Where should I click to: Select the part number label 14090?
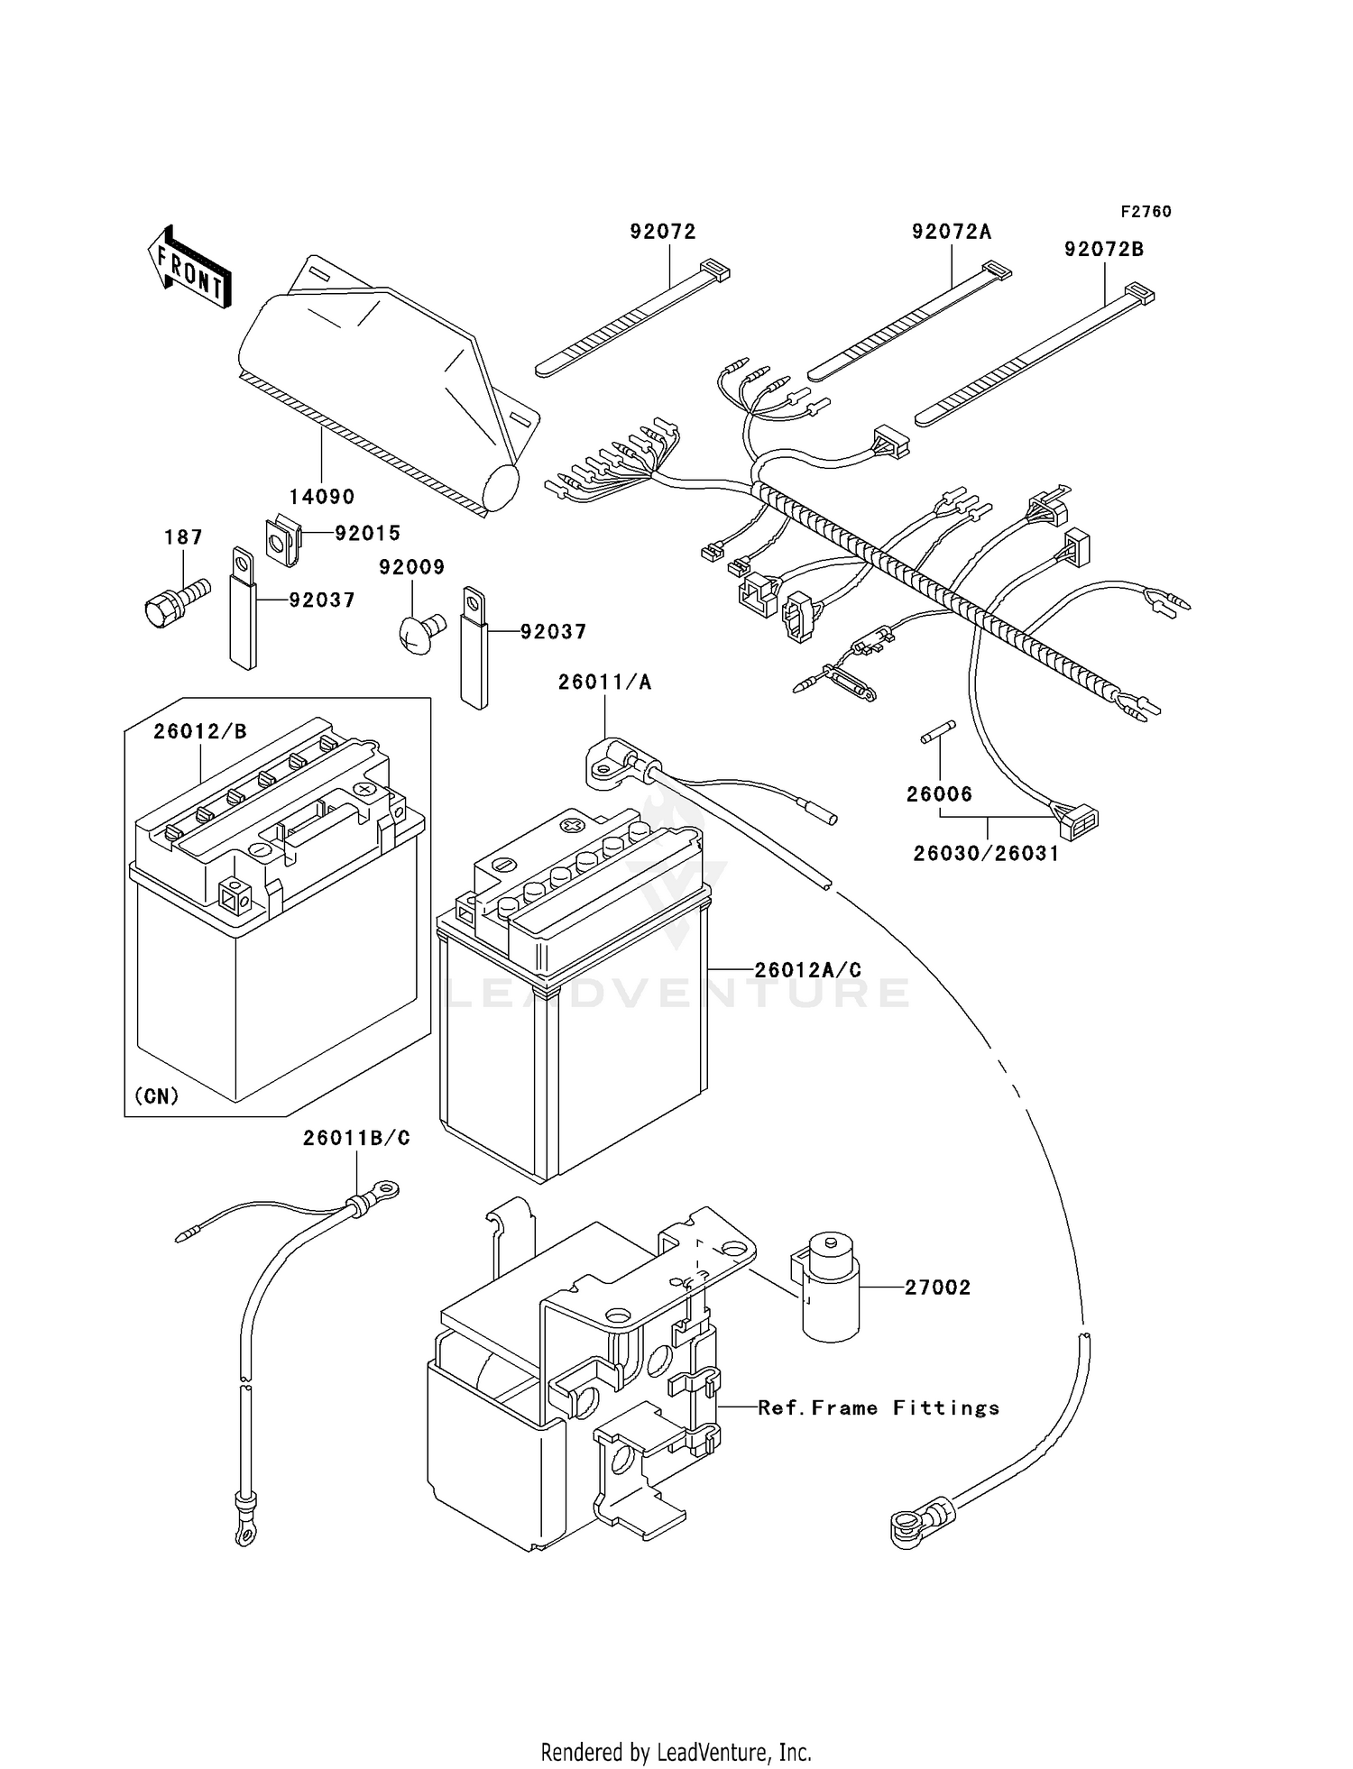(x=321, y=497)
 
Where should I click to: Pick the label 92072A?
(x=951, y=233)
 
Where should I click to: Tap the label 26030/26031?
(x=986, y=853)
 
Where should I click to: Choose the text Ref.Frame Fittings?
(x=879, y=1408)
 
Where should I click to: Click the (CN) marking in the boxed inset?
(x=157, y=1095)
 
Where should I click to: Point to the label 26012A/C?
(x=807, y=969)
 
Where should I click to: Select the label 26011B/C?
(x=356, y=1139)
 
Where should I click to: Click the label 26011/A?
(x=604, y=683)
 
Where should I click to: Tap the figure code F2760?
(x=1146, y=212)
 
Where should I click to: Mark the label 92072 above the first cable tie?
(x=663, y=232)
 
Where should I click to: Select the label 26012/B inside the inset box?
(x=199, y=731)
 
